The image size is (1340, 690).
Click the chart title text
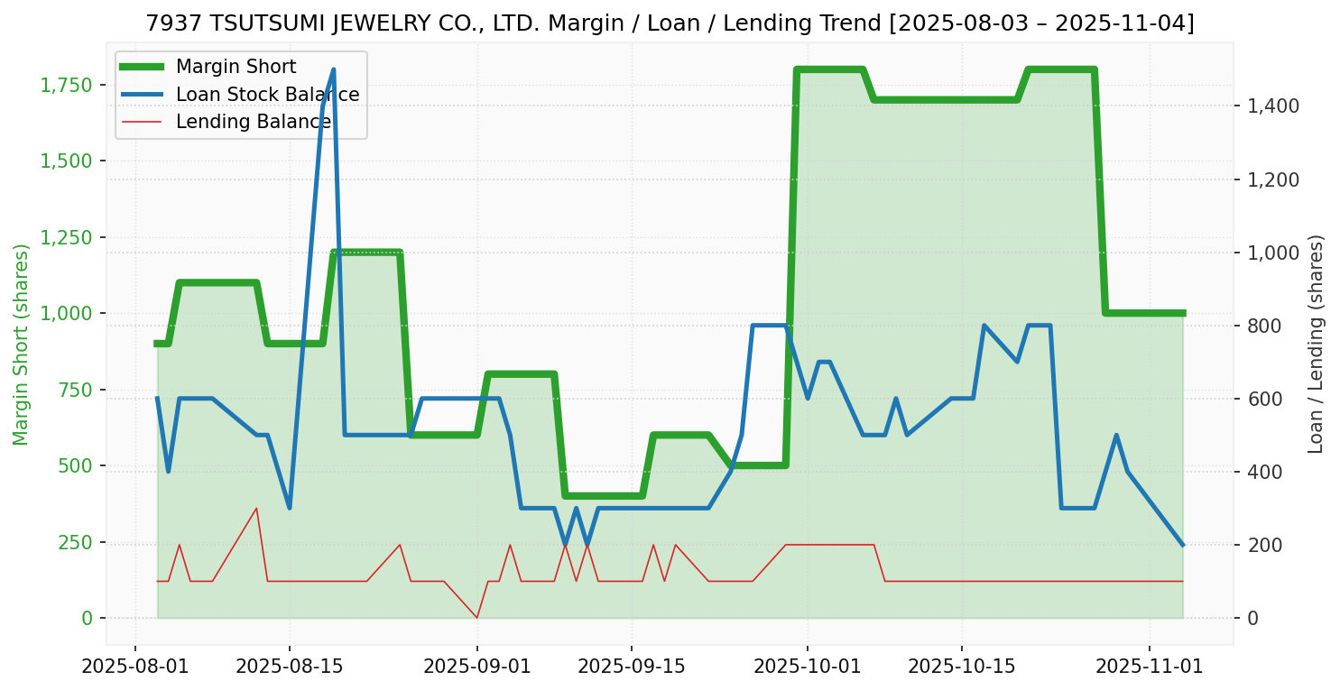click(670, 23)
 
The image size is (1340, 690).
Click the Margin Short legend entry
click(236, 67)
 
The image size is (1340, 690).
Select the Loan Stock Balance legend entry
click(267, 94)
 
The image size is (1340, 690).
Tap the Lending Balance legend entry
click(253, 122)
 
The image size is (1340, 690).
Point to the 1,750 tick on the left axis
click(66, 86)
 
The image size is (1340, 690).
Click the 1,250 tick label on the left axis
click(66, 237)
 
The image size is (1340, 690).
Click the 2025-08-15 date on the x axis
click(290, 667)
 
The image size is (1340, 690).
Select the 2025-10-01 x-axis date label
click(808, 667)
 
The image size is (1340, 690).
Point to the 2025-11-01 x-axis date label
click(1150, 667)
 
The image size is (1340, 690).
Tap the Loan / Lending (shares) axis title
click(1316, 345)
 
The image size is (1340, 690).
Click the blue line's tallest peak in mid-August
click(334, 69)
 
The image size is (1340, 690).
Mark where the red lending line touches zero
click(477, 618)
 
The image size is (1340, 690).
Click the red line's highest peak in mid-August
click(256, 508)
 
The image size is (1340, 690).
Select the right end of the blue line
click(1182, 545)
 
